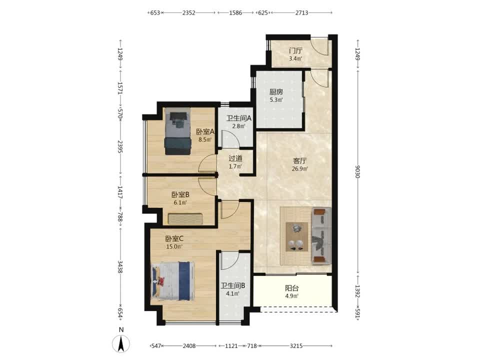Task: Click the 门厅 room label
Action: tap(295, 50)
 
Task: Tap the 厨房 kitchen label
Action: tap(276, 91)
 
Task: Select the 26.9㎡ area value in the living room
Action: tap(299, 168)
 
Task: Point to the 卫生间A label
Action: tap(239, 118)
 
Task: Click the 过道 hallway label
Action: tap(235, 158)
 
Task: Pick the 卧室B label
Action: tap(180, 194)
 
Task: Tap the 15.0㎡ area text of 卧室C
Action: tap(174, 246)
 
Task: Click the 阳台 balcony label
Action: tap(291, 288)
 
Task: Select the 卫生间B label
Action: tap(233, 286)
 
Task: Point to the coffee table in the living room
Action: tap(296, 237)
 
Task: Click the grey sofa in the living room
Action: tap(321, 235)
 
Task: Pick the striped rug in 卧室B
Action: tap(185, 219)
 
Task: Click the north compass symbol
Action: tap(121, 343)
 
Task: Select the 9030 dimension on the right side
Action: tap(357, 171)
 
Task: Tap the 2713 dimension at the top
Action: tap(301, 13)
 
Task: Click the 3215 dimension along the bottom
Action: tap(296, 346)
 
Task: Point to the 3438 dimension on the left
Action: tap(120, 267)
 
